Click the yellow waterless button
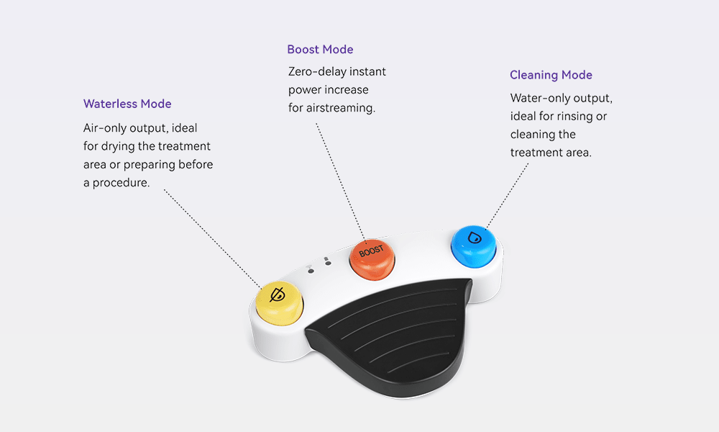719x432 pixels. click(x=279, y=303)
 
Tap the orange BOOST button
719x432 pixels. click(x=372, y=259)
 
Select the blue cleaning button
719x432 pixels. click(x=474, y=246)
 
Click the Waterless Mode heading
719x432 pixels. click(x=127, y=104)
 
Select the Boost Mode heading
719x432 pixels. click(x=320, y=49)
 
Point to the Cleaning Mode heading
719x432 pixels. click(x=551, y=75)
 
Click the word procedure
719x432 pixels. click(x=121, y=183)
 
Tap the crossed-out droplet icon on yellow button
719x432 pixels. click(x=278, y=294)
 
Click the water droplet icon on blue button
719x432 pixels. click(x=474, y=238)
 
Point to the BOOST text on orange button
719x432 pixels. click(x=371, y=251)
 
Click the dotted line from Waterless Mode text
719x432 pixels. click(x=213, y=239)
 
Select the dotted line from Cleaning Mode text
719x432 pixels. click(x=508, y=196)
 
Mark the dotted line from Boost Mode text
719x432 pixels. click(x=340, y=181)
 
